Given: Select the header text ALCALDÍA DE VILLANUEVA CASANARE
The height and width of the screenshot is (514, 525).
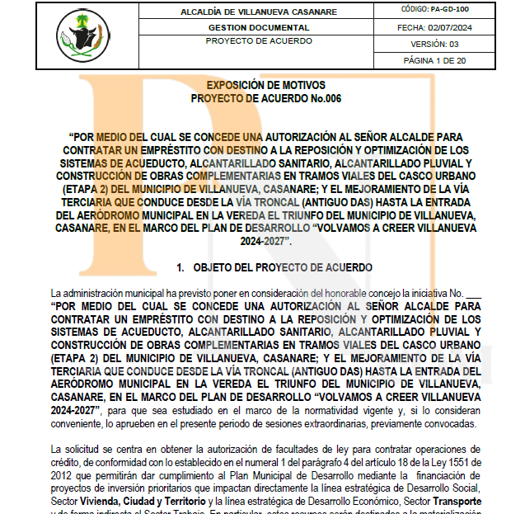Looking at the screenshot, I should pos(259,12).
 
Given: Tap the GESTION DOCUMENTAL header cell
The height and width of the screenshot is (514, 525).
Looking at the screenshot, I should pos(258,27).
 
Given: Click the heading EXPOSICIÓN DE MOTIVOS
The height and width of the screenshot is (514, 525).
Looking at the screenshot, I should pos(265,85).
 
